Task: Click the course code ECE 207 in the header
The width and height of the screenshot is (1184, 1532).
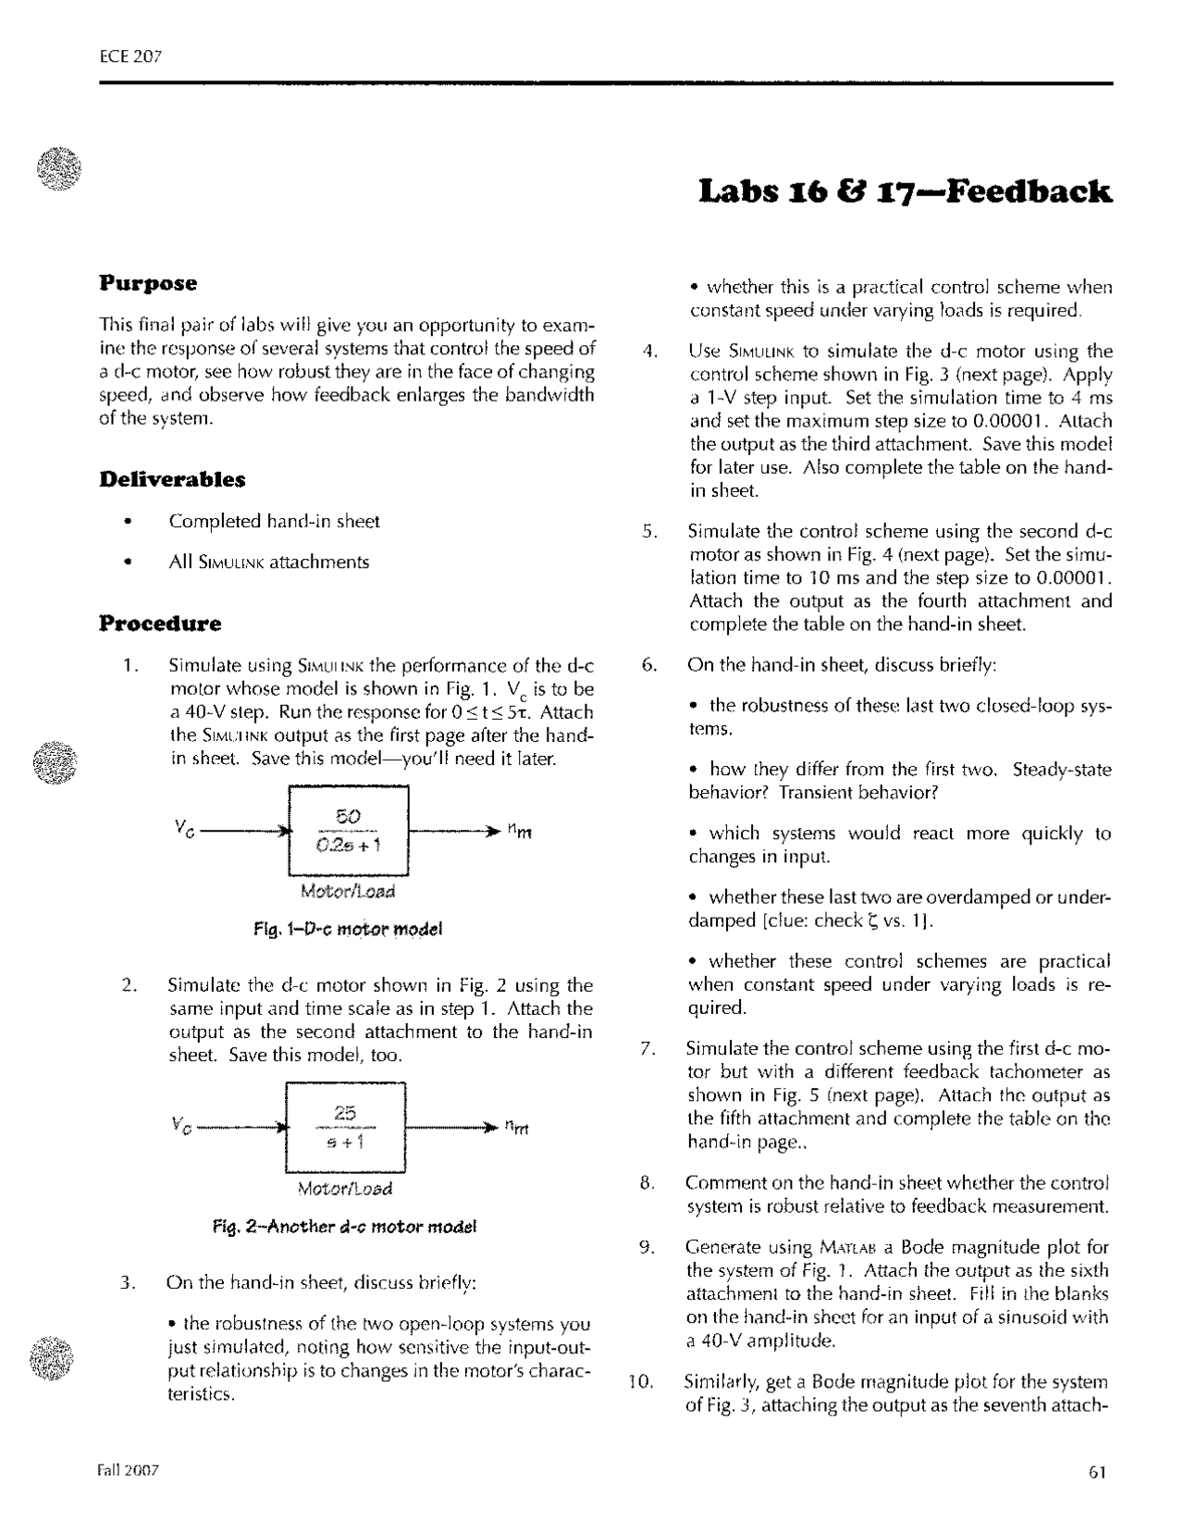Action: [130, 56]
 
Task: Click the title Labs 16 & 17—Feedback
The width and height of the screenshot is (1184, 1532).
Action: [906, 191]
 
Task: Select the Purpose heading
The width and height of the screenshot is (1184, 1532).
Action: [148, 283]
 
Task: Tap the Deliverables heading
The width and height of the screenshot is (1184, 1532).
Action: [172, 479]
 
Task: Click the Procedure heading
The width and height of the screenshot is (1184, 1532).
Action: [160, 624]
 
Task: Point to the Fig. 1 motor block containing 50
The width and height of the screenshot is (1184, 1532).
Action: [349, 830]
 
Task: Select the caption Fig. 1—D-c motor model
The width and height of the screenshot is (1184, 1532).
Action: [348, 929]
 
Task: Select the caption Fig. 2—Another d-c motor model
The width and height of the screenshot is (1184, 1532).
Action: [344, 1228]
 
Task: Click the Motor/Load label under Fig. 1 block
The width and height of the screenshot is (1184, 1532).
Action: [348, 892]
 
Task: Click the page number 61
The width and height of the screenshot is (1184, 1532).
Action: [1098, 1474]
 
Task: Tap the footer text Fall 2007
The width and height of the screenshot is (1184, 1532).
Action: [129, 1470]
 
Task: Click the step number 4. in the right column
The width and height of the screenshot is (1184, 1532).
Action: [649, 352]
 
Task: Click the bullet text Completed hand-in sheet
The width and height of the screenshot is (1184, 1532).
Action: [274, 522]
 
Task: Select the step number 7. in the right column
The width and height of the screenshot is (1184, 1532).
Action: [648, 1049]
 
